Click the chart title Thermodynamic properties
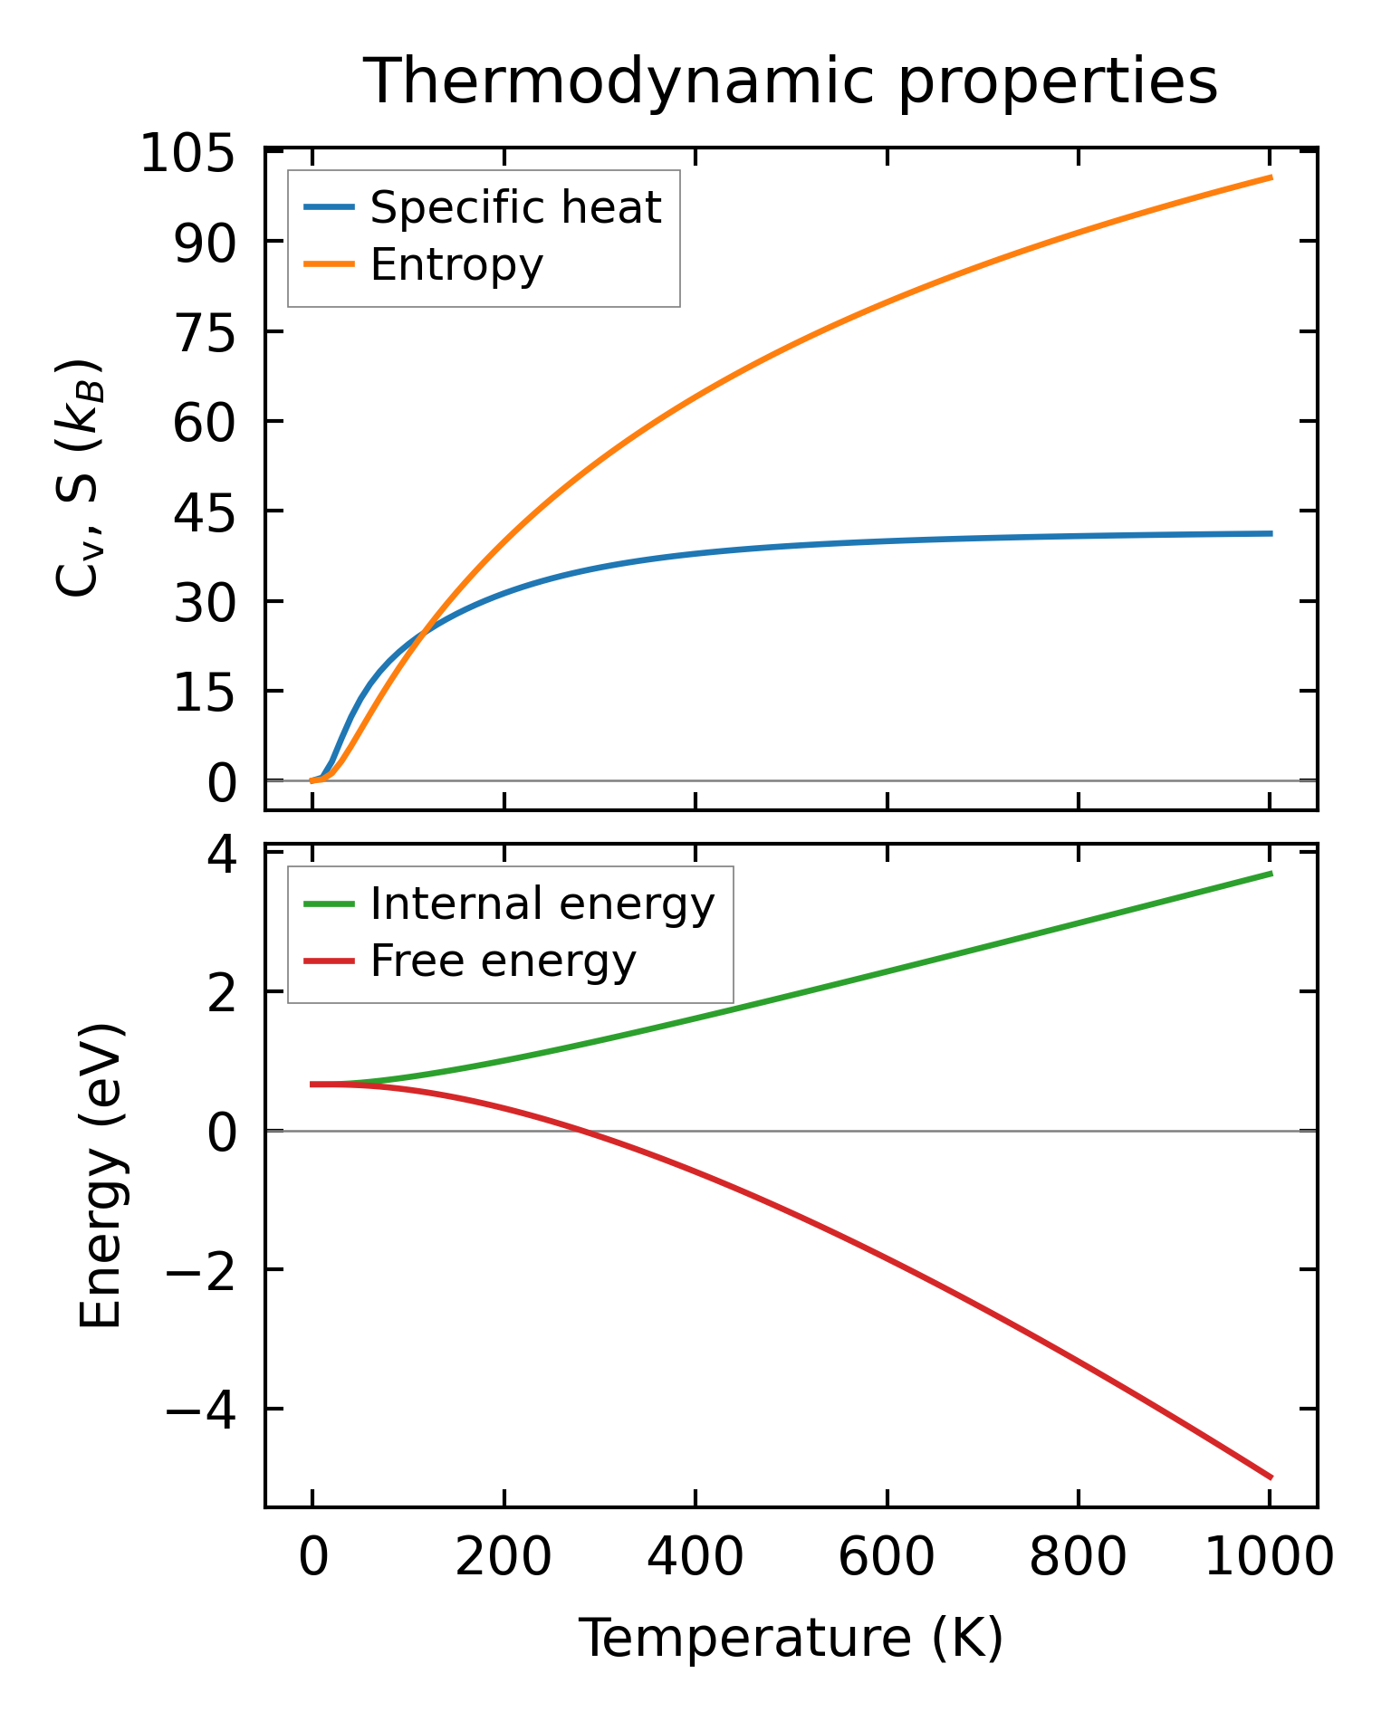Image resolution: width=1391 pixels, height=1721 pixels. (x=790, y=81)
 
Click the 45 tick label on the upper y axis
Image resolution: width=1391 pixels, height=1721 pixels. (x=205, y=512)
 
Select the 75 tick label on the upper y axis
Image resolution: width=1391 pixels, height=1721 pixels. (x=205, y=332)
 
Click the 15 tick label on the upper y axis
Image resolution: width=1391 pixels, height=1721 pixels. (x=205, y=693)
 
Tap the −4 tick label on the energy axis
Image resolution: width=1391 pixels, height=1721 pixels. (x=201, y=1410)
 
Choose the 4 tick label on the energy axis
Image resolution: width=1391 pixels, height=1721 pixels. (x=224, y=854)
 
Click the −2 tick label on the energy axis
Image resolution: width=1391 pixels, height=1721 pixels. (x=201, y=1271)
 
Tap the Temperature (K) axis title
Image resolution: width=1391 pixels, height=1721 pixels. (x=791, y=1638)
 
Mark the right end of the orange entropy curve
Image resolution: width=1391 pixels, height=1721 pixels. (x=1271, y=177)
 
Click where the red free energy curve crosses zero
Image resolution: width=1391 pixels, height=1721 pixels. (x=580, y=1131)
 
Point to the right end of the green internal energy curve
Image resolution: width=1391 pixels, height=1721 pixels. (x=1271, y=874)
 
